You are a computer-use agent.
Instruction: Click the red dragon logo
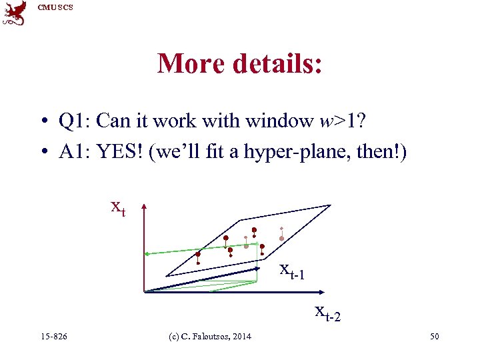15,13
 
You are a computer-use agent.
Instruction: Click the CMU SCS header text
55,7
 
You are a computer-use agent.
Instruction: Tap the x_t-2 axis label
328,311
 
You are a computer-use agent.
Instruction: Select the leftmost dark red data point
198,254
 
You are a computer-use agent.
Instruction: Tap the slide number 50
434,337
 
